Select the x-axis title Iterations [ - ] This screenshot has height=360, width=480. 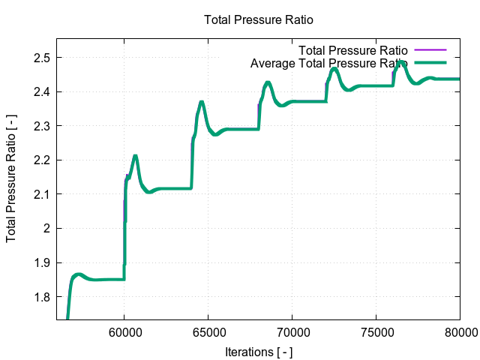coord(259,351)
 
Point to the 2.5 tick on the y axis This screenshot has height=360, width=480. coord(41,58)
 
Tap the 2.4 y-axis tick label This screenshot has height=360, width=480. coord(41,91)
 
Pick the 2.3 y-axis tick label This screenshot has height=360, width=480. coord(41,126)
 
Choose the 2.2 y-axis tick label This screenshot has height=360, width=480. coord(41,160)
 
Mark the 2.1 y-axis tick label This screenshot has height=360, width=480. coord(41,194)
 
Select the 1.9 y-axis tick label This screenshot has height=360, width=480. coord(41,262)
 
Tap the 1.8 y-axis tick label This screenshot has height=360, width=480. coord(41,296)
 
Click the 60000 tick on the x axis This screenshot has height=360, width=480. coord(124,331)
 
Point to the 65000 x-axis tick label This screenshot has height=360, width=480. coord(208,331)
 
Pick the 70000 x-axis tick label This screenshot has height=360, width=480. coord(292,331)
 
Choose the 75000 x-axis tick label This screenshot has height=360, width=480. coord(376,331)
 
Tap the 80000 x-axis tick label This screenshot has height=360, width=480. coord(459,331)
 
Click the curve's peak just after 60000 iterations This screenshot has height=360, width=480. coord(135,156)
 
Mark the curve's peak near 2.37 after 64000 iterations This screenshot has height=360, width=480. coord(201,102)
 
